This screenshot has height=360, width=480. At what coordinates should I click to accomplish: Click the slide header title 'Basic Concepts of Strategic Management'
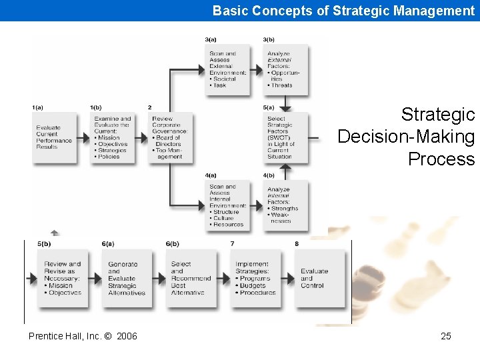point(343,11)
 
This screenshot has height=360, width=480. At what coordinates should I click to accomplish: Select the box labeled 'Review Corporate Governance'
point(171,137)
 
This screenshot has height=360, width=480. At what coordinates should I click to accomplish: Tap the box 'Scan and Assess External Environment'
point(227,69)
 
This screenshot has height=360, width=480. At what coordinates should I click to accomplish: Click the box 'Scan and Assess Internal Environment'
point(227,205)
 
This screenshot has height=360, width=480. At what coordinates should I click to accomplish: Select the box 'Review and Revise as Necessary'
point(63,278)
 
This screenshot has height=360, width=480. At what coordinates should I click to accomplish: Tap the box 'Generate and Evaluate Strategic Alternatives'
point(127,278)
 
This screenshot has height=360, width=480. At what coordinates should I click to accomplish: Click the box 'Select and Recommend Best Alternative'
point(191,278)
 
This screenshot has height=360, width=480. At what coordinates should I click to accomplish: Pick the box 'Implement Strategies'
point(255,278)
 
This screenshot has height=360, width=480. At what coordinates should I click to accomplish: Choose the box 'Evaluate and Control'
point(319,278)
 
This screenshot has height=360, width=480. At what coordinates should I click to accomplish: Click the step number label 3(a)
point(211,39)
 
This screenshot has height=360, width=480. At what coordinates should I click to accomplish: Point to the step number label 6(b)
point(172,244)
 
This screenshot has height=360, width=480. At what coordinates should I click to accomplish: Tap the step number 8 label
point(297,244)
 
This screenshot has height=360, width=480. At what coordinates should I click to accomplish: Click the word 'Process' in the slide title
point(441,159)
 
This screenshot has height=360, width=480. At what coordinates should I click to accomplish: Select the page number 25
point(446,336)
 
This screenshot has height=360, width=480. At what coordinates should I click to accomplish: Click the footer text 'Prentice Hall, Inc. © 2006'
point(83,336)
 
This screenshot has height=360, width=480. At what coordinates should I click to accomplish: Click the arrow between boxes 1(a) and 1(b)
point(85,138)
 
